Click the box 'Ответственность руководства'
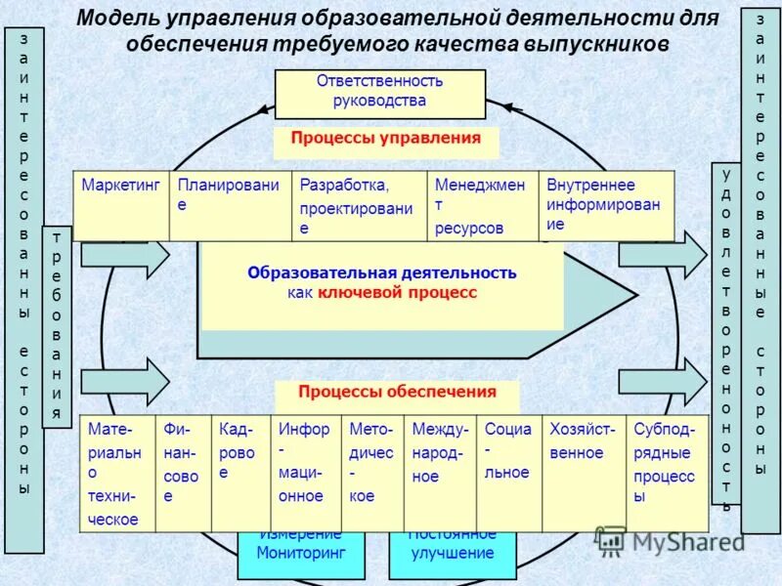(379, 91)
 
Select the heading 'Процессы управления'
(385, 139)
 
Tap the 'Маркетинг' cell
(120, 205)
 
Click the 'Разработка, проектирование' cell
(359, 205)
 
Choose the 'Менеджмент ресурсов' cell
(482, 205)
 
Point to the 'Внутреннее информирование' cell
(606, 205)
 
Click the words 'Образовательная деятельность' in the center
(381, 273)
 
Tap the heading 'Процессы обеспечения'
(397, 393)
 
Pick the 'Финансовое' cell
(184, 474)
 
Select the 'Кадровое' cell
(240, 474)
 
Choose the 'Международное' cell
(440, 474)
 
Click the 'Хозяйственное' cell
(584, 474)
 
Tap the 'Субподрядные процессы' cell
(667, 474)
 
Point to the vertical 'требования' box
(57, 327)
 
